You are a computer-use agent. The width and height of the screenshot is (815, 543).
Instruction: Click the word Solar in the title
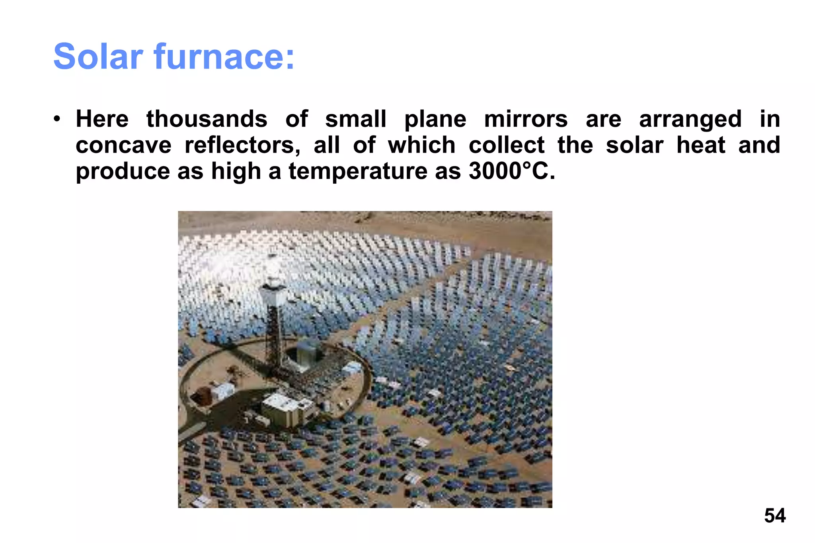click(x=98, y=56)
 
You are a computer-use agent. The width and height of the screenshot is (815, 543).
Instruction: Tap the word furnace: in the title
click(x=224, y=56)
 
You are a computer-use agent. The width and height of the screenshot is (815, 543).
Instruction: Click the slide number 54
click(x=774, y=516)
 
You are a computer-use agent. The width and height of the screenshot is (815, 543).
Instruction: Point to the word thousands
click(x=207, y=119)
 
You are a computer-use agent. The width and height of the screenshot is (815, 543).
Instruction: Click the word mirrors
click(x=526, y=119)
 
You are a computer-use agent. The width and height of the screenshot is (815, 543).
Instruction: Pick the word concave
click(x=123, y=145)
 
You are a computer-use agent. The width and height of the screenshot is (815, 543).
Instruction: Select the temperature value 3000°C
click(x=511, y=171)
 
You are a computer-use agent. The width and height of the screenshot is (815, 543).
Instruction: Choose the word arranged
click(x=690, y=119)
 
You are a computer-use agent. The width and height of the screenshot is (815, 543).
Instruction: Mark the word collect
click(x=506, y=145)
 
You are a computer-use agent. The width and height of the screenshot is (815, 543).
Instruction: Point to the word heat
click(x=701, y=145)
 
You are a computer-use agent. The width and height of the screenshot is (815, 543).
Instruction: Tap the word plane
click(x=435, y=119)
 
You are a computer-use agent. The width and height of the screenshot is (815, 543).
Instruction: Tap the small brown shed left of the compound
click(x=201, y=396)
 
